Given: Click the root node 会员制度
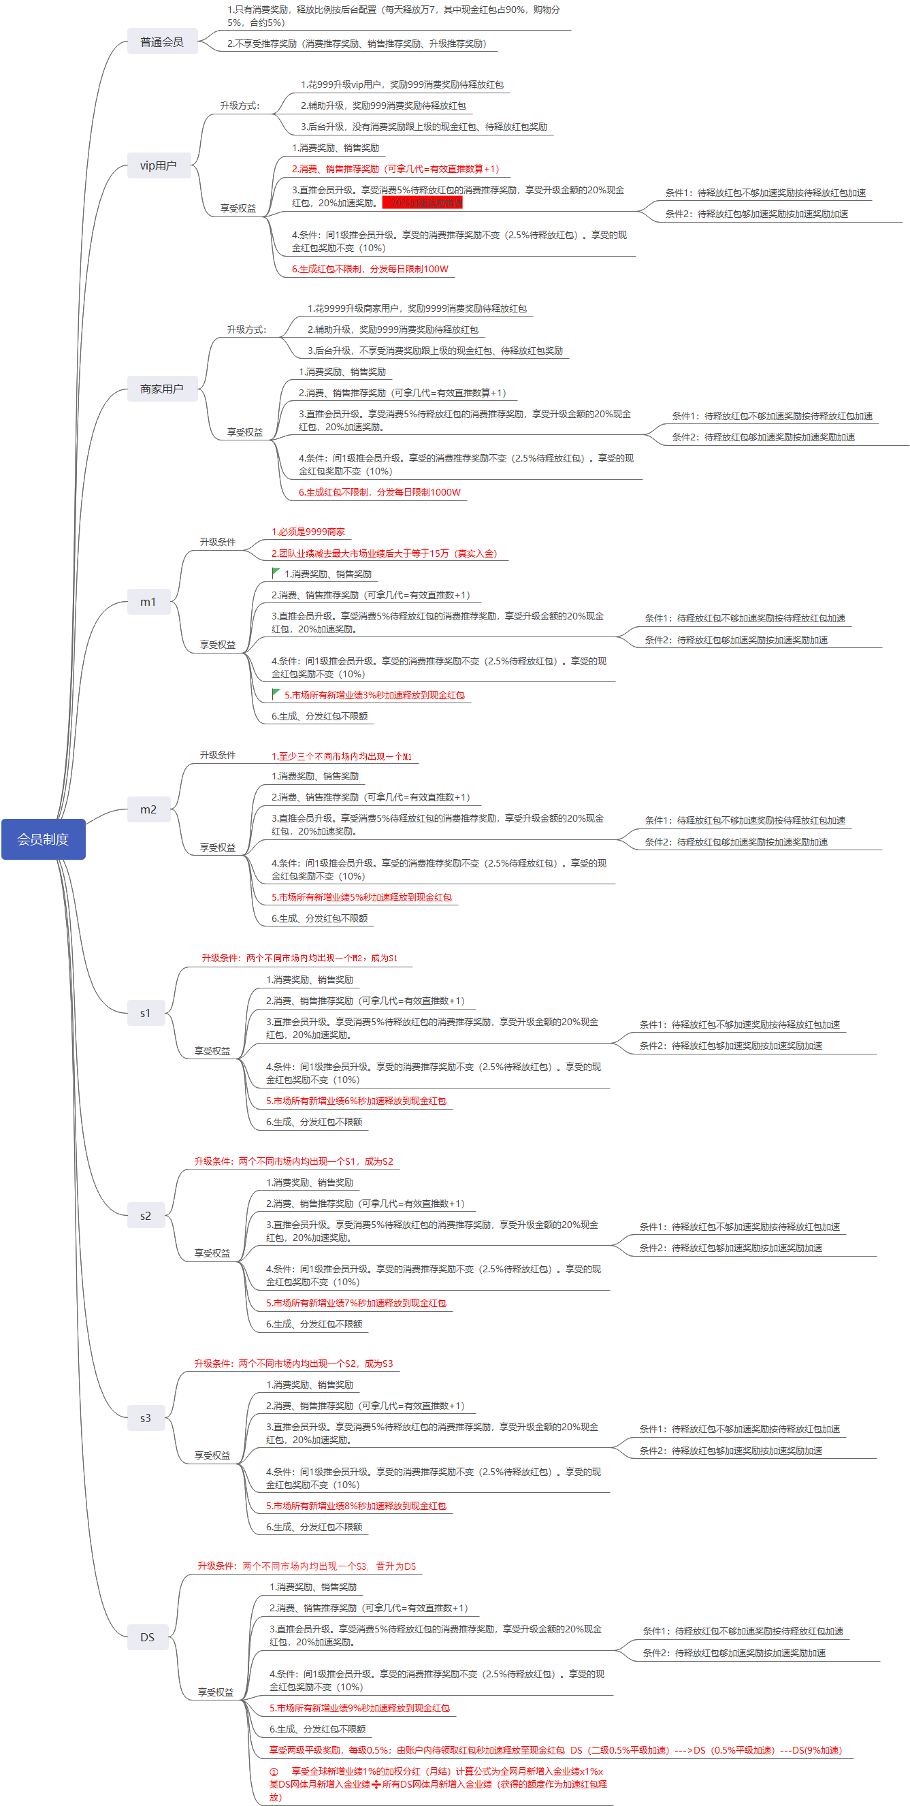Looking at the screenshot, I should [x=44, y=839].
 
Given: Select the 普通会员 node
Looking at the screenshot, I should [x=162, y=42].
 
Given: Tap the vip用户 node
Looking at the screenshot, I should [x=159, y=165].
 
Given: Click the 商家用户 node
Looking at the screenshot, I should [x=162, y=389].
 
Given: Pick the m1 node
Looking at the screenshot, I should [x=148, y=602].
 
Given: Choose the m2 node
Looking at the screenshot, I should [x=148, y=809].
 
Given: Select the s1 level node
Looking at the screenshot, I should [x=146, y=1012].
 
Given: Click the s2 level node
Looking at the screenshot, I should [x=146, y=1216].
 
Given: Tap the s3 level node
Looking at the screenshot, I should [x=146, y=1417].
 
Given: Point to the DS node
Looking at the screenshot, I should [x=147, y=1637].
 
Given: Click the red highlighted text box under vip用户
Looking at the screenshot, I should [x=422, y=203].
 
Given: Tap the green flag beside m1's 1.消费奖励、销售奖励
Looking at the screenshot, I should [x=276, y=573].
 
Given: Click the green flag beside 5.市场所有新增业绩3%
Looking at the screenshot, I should [x=276, y=694].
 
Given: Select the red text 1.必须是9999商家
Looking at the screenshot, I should [x=308, y=532].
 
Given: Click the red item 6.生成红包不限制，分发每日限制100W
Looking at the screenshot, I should [x=370, y=268].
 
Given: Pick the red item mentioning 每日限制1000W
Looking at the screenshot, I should [x=380, y=492].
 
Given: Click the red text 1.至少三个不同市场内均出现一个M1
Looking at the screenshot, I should [x=342, y=756].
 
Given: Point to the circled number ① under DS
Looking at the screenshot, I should [x=274, y=1771].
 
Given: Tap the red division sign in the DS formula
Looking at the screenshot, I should [x=376, y=1784].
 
